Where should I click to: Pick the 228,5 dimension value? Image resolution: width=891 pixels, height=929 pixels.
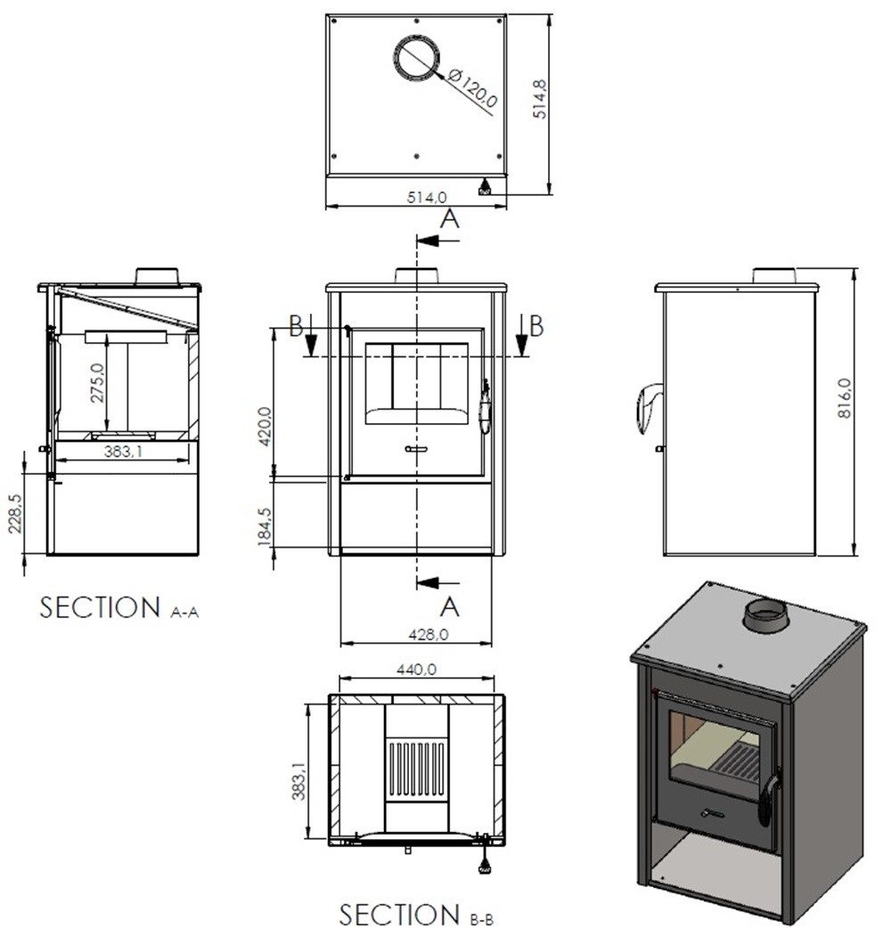tap(15, 514)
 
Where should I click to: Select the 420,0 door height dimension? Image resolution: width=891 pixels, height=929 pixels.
tap(264, 429)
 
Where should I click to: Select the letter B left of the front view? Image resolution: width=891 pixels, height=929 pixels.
tap(297, 326)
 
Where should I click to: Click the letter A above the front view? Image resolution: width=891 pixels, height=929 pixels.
tap(450, 218)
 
